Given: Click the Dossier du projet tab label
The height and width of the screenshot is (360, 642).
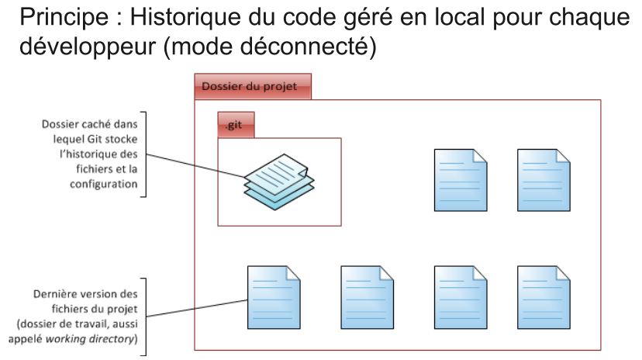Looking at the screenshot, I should pyautogui.click(x=250, y=86).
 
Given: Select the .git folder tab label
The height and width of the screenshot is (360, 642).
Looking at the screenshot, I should pyautogui.click(x=234, y=124).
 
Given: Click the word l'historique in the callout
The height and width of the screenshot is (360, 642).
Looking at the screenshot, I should pyautogui.click(x=100, y=153).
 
